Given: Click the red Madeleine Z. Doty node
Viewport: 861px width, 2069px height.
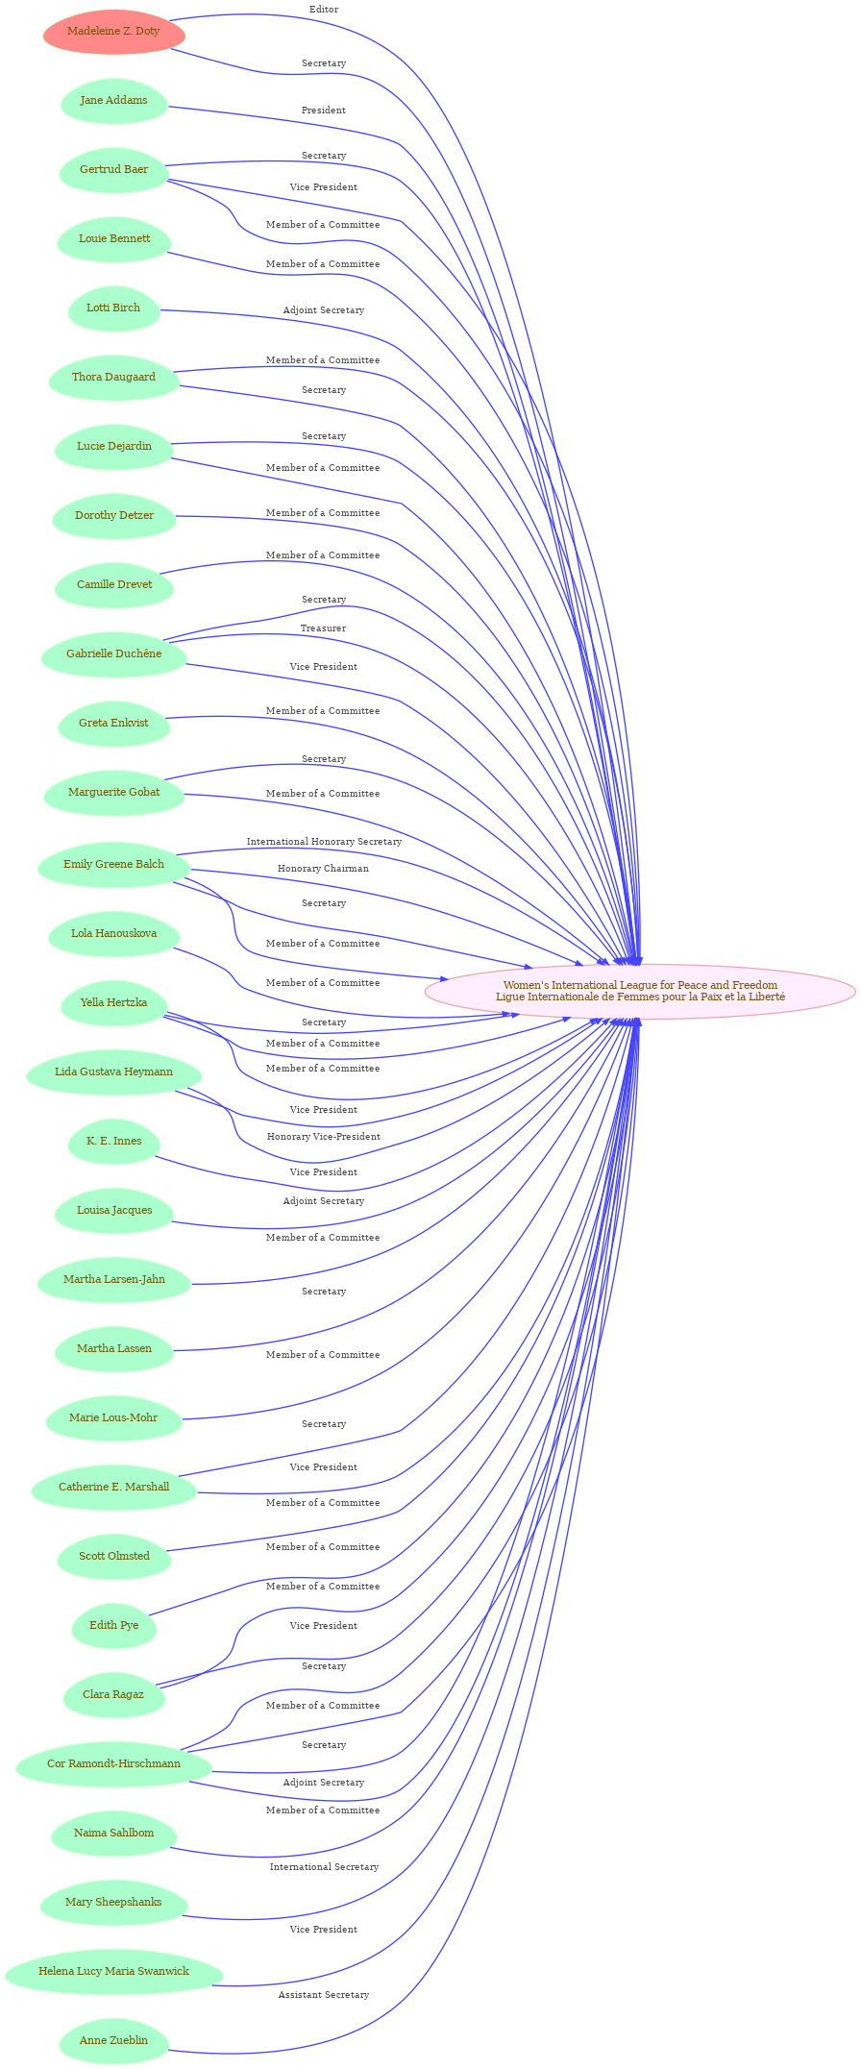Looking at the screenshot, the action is [x=114, y=32].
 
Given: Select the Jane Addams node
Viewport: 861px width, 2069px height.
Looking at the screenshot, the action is [x=114, y=101].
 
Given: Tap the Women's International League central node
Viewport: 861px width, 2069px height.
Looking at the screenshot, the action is [x=640, y=991].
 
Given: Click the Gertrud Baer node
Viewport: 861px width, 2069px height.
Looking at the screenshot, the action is [x=114, y=170].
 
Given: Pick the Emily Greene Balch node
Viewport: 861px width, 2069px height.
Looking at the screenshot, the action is [x=114, y=864].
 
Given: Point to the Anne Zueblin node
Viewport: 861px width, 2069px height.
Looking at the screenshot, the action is [x=114, y=2040].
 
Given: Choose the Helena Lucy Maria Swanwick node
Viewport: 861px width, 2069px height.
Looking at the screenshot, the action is [x=114, y=1971].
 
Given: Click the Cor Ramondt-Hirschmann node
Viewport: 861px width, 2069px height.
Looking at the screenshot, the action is [x=114, y=1763].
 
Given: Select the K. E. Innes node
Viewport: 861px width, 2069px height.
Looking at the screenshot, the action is [x=114, y=1141].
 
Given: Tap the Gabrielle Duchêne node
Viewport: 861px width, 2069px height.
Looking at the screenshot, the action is [x=114, y=654].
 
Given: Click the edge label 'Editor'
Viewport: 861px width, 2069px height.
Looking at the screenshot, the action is [x=324, y=10].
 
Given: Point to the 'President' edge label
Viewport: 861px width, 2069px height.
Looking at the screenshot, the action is [x=324, y=111].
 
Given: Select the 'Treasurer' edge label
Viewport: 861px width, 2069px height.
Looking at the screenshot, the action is [x=323, y=628].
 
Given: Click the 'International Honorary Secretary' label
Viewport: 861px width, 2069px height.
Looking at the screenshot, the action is [x=324, y=842].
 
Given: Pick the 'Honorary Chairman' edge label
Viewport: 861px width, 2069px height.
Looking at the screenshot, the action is [x=323, y=869].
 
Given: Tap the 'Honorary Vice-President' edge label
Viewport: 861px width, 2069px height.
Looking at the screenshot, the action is [x=324, y=1137].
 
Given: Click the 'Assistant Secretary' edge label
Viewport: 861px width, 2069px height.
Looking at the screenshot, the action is [x=324, y=1995].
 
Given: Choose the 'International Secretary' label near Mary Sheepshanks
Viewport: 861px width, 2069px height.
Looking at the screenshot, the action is [x=324, y=1867].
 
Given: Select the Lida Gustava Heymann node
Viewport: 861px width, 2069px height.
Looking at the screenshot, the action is [x=114, y=1071].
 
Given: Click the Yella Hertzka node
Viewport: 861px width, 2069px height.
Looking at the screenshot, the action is [x=114, y=1002].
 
